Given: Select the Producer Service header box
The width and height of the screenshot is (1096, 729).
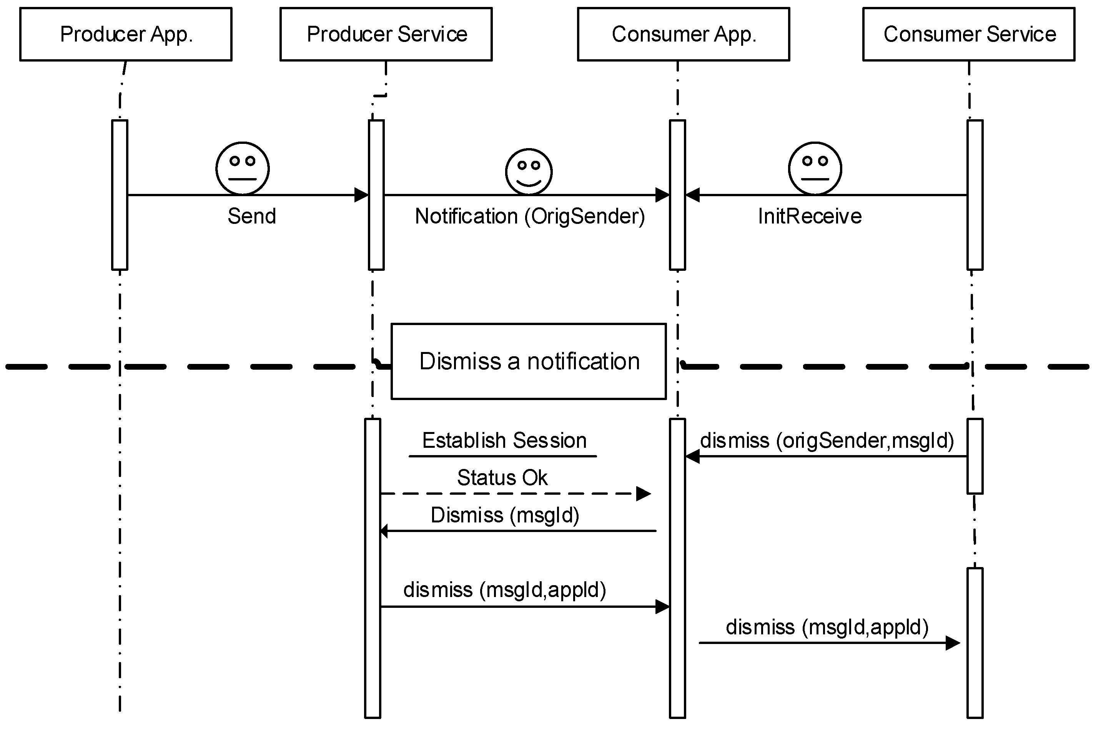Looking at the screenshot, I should tap(386, 34).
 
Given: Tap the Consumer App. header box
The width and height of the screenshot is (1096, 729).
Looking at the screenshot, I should tap(683, 34).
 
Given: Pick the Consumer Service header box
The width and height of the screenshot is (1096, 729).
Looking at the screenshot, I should tap(968, 34).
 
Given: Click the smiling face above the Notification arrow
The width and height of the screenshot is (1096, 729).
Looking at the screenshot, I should tap(528, 171).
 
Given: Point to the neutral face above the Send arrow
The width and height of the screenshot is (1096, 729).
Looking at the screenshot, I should tap(242, 168).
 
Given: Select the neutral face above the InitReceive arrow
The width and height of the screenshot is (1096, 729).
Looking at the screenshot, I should tap(815, 168).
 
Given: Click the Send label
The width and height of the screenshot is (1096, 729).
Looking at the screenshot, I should tap(251, 216).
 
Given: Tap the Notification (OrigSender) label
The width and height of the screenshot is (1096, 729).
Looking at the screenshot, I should tap(529, 216).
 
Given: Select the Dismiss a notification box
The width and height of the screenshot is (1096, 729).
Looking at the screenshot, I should tap(528, 361).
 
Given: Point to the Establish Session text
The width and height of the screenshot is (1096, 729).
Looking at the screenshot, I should tap(504, 440).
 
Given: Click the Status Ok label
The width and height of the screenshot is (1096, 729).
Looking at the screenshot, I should tap(502, 477).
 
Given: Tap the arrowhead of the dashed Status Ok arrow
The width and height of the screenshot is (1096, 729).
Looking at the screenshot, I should tap(644, 494).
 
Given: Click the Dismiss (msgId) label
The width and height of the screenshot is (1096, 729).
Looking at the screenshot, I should tap(504, 515).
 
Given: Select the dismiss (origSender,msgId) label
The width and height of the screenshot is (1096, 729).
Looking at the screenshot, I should tap(827, 440).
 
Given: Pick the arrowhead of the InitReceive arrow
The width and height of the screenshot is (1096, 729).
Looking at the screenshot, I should tap(692, 195).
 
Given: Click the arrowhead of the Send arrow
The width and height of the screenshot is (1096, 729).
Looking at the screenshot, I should tap(361, 195).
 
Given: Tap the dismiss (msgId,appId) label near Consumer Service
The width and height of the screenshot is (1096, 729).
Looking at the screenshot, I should tap(827, 627).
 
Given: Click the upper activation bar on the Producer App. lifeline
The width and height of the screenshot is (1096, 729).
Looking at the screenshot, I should tap(120, 195).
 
